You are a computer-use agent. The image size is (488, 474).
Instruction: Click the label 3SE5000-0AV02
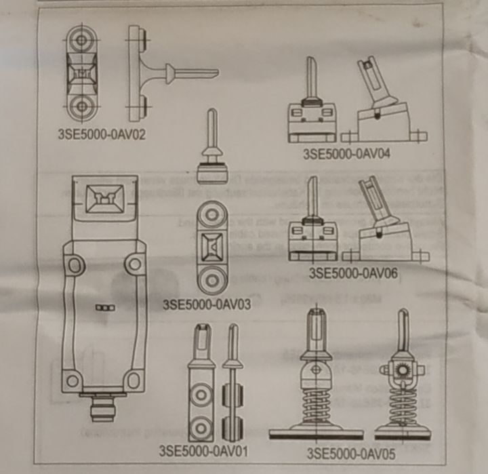[x=101, y=133]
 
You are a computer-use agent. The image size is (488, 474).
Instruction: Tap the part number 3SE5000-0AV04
[x=348, y=153]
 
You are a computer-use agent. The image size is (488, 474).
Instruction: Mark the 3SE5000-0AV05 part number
[x=350, y=452]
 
